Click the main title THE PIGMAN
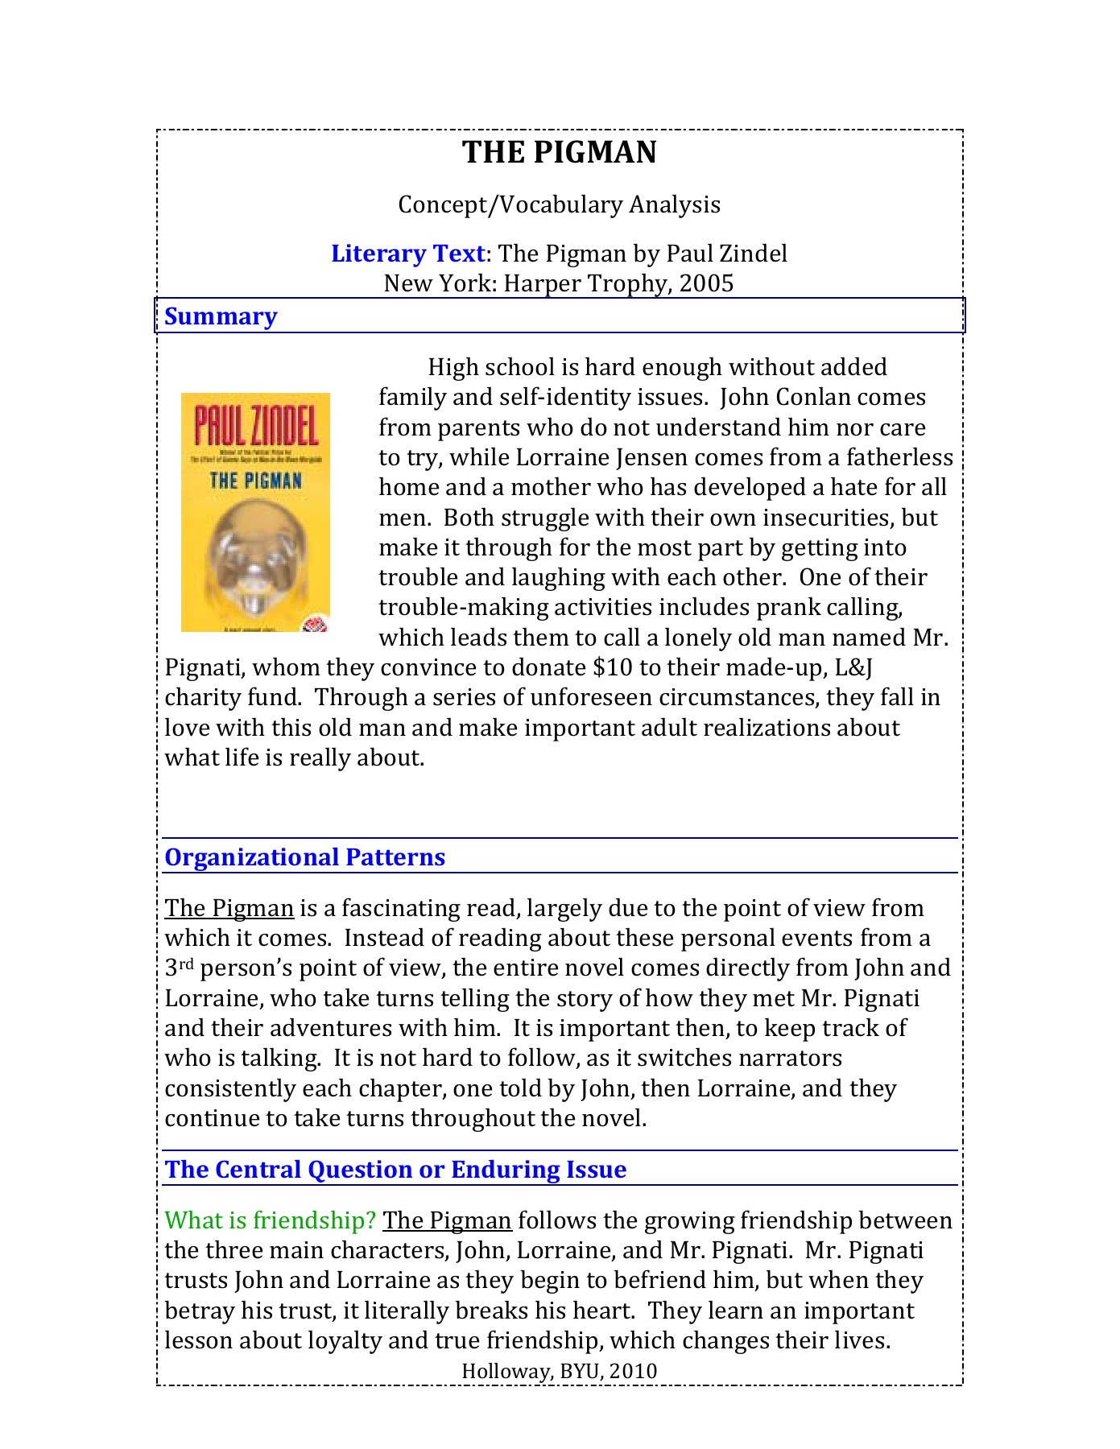point(560,153)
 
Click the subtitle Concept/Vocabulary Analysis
point(559,204)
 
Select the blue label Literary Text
point(407,254)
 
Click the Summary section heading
point(221,316)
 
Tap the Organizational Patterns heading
point(304,857)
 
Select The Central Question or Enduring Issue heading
point(395,1170)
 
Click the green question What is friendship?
point(270,1220)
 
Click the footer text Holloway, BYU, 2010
point(560,1371)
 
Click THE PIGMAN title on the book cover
point(256,481)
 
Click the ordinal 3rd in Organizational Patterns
point(179,968)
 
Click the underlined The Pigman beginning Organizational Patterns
point(229,909)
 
